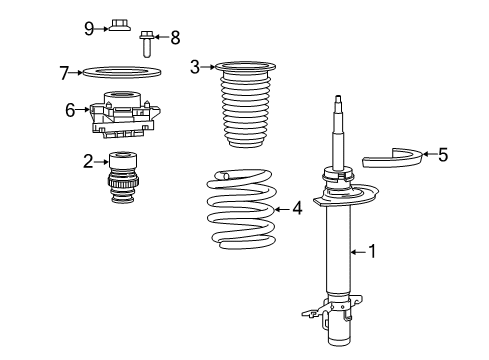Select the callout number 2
tap(89, 159)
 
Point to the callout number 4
tap(297, 209)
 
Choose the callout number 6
tap(71, 109)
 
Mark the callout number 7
tap(64, 72)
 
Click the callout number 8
tap(175, 39)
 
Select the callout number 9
tap(89, 27)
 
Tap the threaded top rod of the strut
tap(341, 125)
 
